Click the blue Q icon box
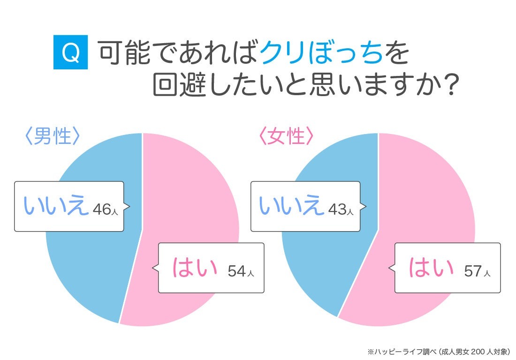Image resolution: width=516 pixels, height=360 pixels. [x=70, y=52]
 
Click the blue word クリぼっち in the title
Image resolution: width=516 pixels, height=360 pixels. [x=321, y=53]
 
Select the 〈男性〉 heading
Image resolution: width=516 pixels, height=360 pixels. [x=53, y=135]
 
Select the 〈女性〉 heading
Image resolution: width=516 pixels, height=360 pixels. [x=286, y=135]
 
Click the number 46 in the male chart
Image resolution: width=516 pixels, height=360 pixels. [x=102, y=209]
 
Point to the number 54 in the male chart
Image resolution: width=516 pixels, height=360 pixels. [x=236, y=271]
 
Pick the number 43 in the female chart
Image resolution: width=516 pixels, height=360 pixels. [x=337, y=209]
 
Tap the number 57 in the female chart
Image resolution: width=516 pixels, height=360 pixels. [x=473, y=271]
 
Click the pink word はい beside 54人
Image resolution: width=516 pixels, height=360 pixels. [x=195, y=267]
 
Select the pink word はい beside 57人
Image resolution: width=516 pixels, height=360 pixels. [x=431, y=267]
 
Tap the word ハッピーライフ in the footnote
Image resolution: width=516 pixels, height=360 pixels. [x=398, y=352]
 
